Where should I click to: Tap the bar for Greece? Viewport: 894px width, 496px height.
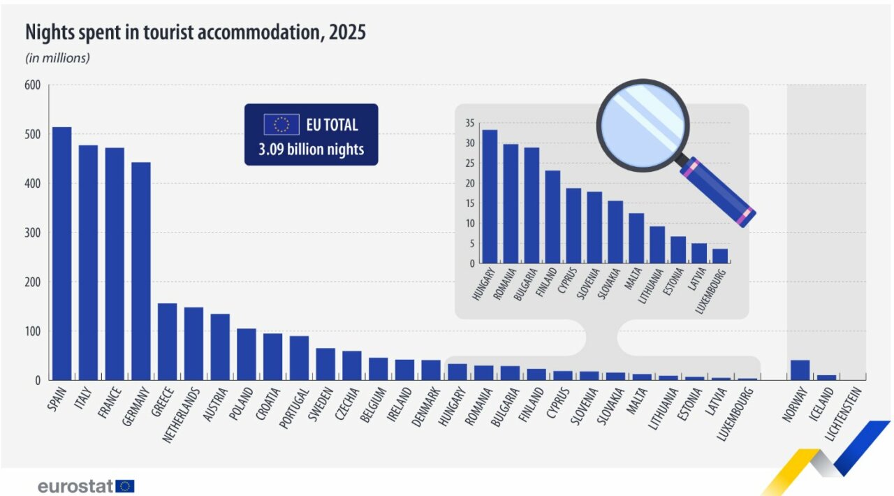tap(167, 342)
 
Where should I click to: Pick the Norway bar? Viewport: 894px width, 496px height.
tap(800, 370)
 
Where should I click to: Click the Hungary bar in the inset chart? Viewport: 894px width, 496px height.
tap(490, 196)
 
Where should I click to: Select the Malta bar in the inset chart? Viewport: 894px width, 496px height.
tap(636, 238)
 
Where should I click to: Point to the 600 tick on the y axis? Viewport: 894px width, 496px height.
tap(33, 85)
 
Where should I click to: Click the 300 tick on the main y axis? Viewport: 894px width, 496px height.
tap(33, 233)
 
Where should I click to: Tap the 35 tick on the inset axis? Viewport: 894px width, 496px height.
tap(469, 124)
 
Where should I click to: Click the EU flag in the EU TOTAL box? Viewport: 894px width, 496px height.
tap(281, 125)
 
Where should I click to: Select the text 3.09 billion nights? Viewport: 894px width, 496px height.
tap(311, 149)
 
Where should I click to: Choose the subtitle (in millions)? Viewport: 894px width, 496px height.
tap(58, 58)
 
